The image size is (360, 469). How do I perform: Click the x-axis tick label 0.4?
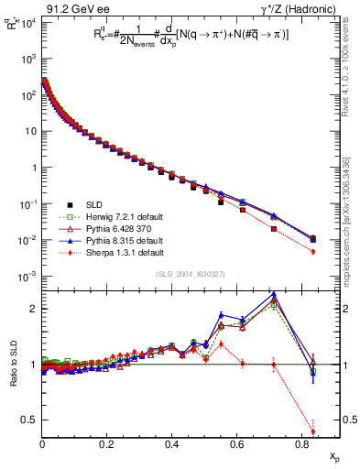(x=172, y=444)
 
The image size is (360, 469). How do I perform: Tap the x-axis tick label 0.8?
(x=301, y=444)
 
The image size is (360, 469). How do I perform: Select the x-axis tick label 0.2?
(x=107, y=444)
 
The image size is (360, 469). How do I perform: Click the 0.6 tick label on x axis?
(x=236, y=444)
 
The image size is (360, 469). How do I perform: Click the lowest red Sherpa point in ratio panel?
(x=313, y=431)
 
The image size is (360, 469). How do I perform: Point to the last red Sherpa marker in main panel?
(x=313, y=251)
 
